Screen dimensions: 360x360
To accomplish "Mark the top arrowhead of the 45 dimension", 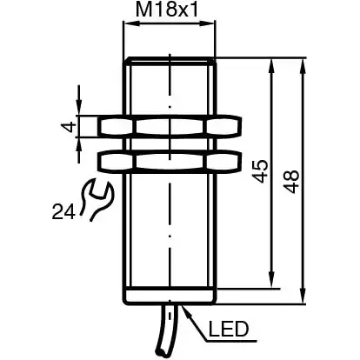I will [274, 67].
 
